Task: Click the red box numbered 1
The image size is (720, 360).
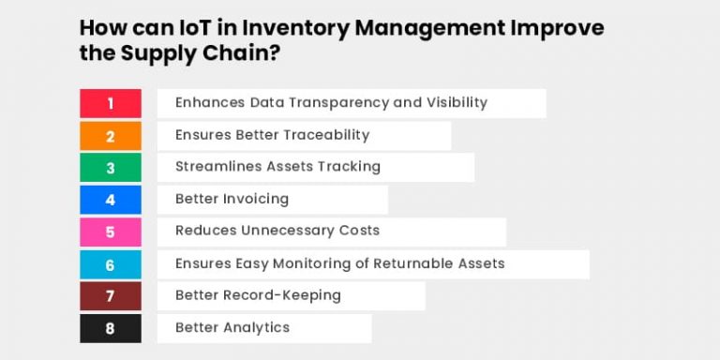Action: (110, 103)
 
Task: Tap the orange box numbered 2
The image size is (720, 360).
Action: (110, 136)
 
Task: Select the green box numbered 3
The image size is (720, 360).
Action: (110, 168)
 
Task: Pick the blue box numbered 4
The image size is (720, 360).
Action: (110, 200)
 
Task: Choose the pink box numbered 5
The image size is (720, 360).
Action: (110, 232)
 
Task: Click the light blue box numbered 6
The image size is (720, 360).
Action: (110, 264)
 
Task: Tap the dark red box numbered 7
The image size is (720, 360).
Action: (110, 296)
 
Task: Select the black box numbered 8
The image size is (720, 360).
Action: (110, 328)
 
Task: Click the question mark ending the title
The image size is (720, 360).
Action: (276, 54)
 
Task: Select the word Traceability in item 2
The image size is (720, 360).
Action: (324, 135)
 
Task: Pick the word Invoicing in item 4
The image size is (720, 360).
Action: (255, 199)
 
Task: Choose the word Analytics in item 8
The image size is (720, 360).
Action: (257, 327)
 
